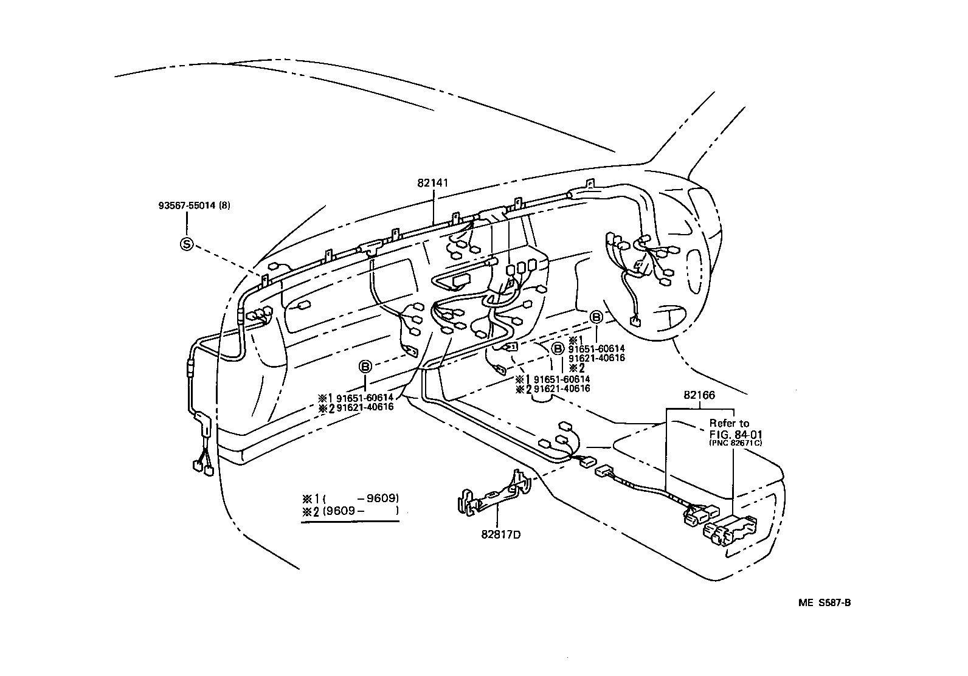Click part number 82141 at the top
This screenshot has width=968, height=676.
(434, 182)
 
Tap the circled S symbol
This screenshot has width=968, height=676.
(186, 244)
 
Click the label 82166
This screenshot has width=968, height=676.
(699, 395)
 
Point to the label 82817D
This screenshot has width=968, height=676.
(500, 535)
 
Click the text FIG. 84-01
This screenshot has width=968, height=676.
(735, 434)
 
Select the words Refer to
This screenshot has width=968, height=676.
(729, 423)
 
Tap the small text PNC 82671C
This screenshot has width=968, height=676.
(736, 443)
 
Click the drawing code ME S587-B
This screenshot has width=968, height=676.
(825, 602)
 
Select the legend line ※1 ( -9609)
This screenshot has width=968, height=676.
(350, 498)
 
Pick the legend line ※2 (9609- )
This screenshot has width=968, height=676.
(350, 511)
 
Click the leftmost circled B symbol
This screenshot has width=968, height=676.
(365, 367)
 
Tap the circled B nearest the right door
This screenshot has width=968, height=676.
(596, 317)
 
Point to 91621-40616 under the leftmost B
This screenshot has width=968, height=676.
(364, 407)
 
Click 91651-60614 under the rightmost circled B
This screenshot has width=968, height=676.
(596, 349)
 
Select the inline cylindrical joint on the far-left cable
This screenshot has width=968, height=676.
(190, 369)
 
